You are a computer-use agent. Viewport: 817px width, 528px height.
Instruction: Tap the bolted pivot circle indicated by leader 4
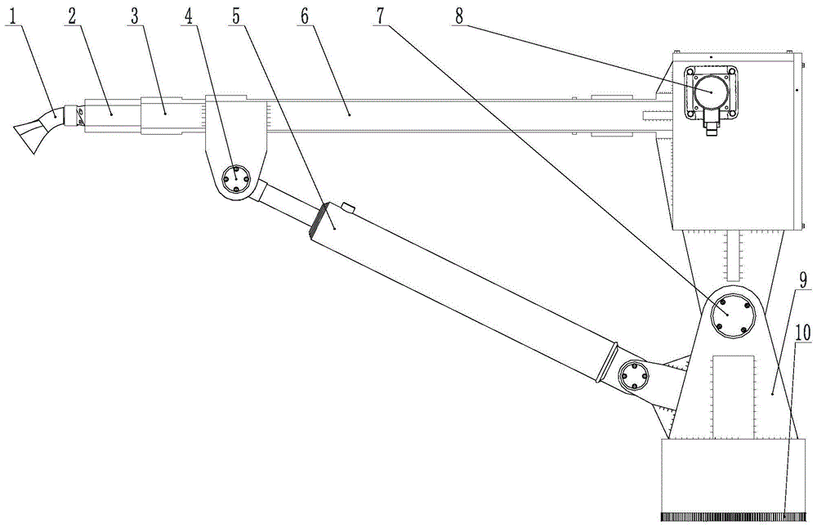(x=235, y=175)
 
